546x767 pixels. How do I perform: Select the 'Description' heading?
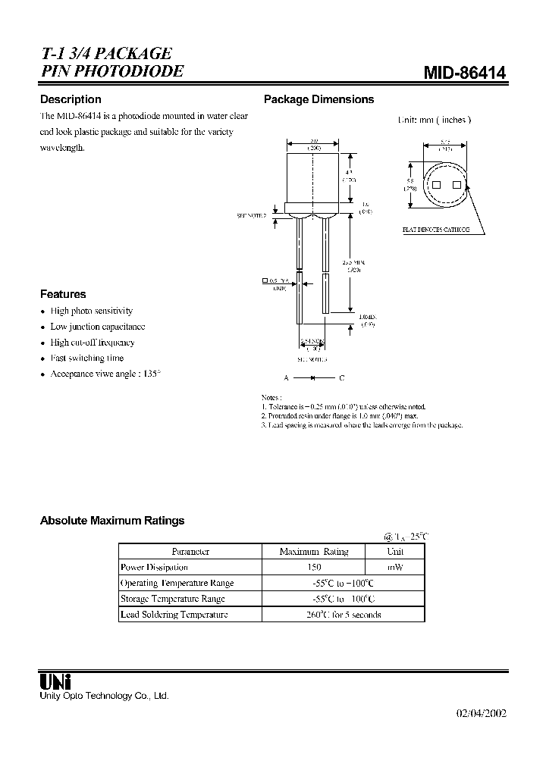tap(71, 99)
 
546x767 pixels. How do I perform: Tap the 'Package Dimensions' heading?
tap(318, 99)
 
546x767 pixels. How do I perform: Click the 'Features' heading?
tap(63, 294)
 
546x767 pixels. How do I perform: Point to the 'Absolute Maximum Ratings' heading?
tap(112, 521)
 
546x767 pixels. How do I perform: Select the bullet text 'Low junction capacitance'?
tap(98, 327)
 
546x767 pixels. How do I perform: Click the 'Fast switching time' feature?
tap(87, 358)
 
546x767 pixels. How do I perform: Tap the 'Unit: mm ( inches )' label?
tap(435, 120)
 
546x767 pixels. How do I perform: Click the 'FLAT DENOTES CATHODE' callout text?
tap(435, 229)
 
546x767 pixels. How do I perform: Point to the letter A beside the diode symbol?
tap(287, 377)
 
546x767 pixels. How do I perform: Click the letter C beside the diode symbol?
tap(341, 377)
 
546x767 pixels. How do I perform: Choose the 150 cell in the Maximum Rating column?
tap(313, 567)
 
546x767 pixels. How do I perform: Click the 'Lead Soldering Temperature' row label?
tap(174, 615)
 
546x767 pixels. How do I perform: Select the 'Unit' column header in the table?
tap(395, 552)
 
